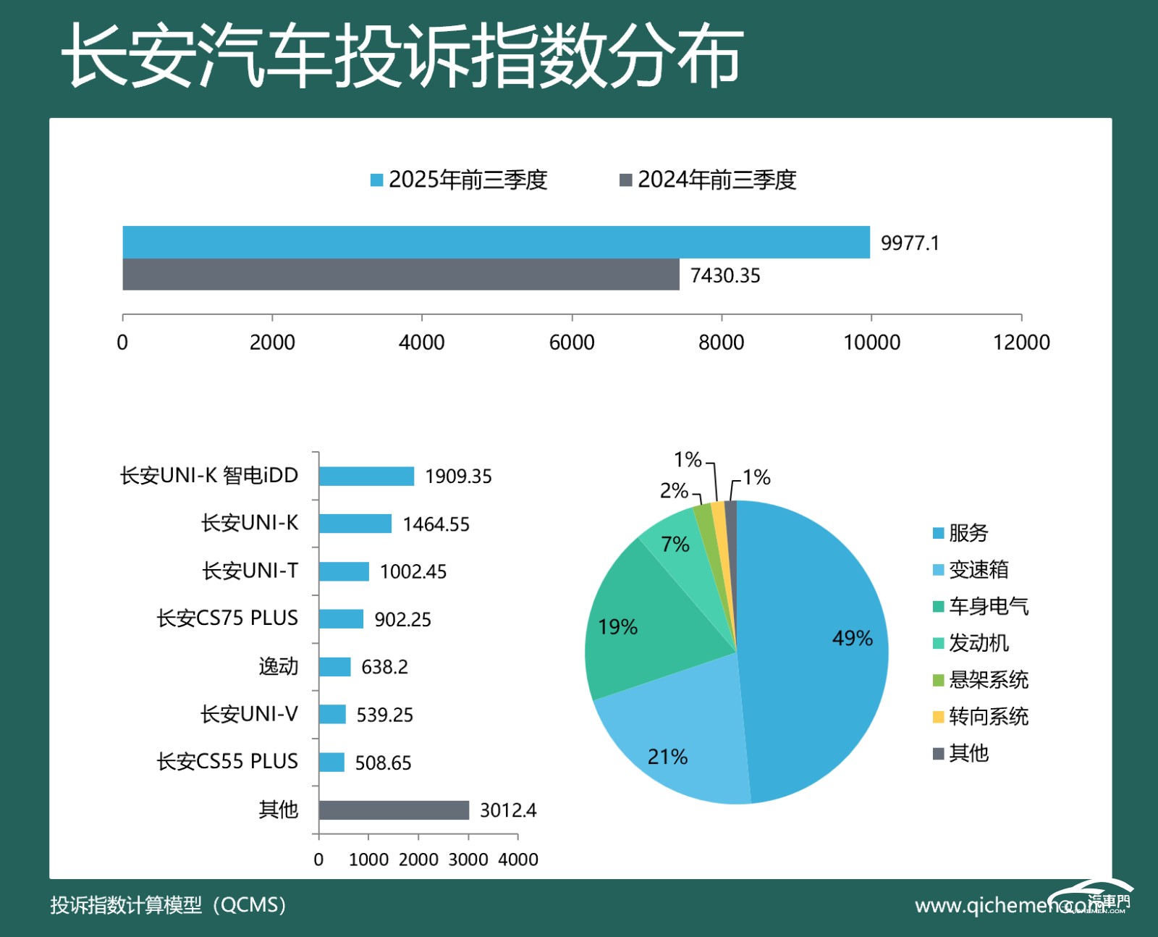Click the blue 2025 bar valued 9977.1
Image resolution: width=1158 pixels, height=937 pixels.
(496, 242)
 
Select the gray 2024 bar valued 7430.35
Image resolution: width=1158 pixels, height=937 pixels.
(401, 274)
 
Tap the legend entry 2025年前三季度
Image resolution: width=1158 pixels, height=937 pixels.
(459, 180)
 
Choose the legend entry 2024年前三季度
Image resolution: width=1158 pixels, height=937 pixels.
(708, 180)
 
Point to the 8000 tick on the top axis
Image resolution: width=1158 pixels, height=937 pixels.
(721, 342)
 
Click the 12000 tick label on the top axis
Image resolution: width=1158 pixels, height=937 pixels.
(1020, 342)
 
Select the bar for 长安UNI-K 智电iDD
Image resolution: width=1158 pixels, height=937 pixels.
(366, 476)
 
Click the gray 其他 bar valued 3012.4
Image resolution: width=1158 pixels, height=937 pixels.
(394, 810)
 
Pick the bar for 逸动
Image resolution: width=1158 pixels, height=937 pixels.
(334, 666)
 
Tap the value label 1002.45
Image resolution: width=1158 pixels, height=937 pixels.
(413, 572)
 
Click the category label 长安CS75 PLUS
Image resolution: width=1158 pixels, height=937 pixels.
(227, 618)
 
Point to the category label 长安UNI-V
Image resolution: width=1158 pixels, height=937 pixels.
(249, 714)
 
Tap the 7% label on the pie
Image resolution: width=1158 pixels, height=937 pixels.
(675, 545)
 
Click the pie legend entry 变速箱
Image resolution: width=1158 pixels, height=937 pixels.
(977, 570)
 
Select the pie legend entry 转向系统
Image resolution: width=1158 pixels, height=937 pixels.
(987, 717)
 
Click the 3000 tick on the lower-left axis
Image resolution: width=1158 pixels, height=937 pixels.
(468, 860)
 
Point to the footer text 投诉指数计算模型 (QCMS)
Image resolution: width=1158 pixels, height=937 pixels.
(168, 905)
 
